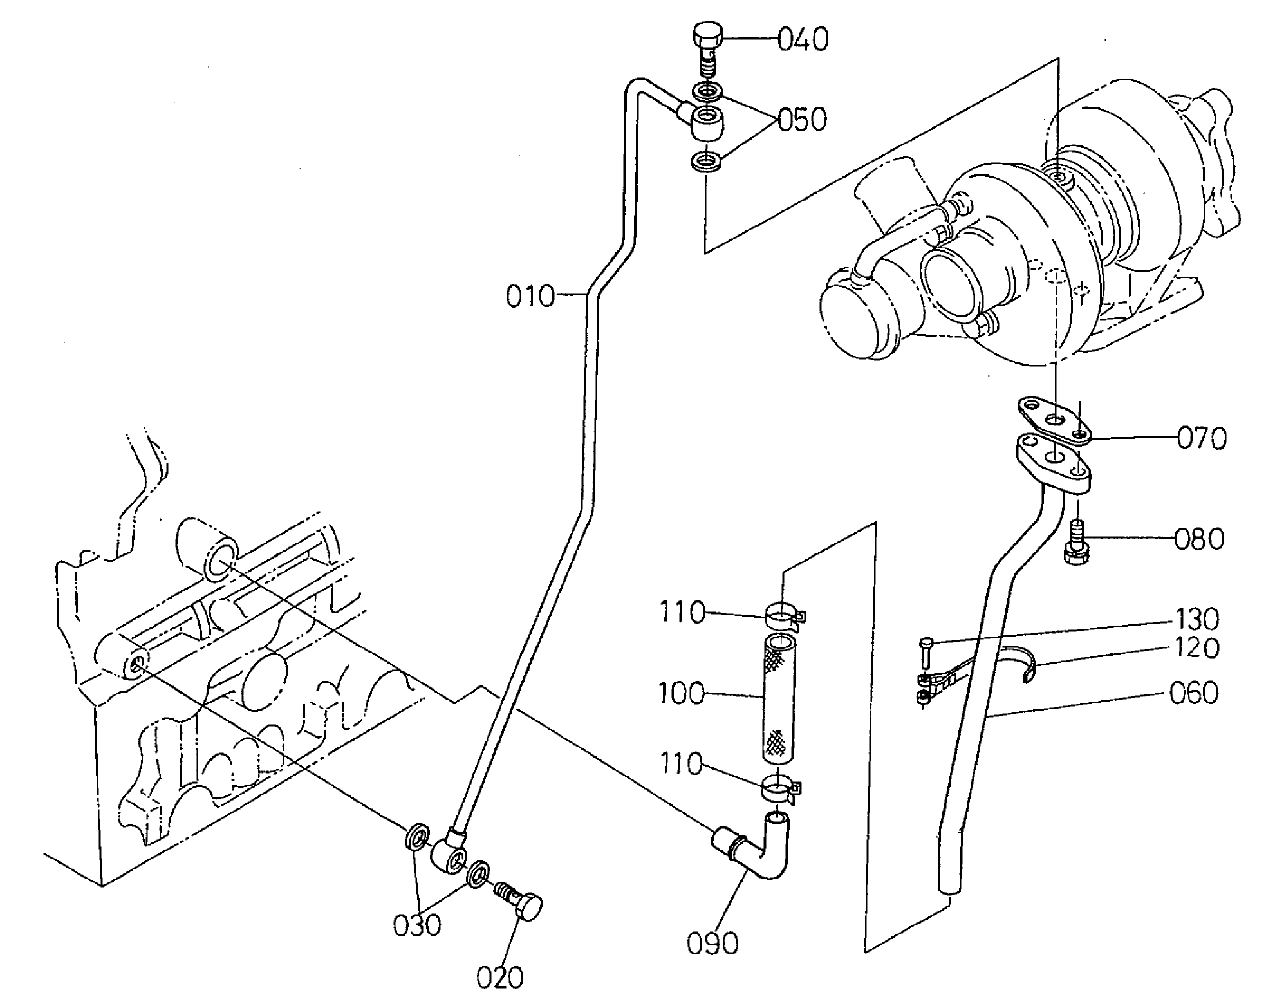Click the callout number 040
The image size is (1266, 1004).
tap(803, 40)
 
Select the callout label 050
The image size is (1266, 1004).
tap(802, 120)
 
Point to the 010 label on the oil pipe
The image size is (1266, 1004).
tap(530, 297)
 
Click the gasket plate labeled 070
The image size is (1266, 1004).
tap(1054, 422)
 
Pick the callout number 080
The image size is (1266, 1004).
tap(1198, 539)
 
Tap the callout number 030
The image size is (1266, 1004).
tap(417, 925)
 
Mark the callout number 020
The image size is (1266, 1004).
tap(500, 978)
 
